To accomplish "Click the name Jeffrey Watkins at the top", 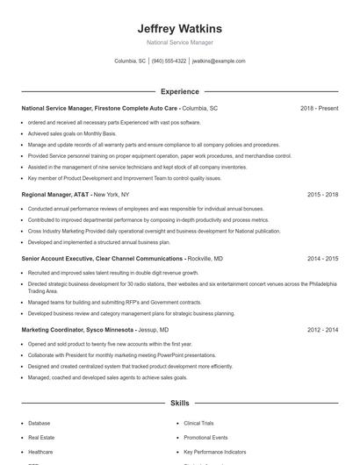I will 179,28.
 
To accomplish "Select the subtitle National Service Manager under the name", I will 179,42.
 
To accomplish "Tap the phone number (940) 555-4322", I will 169,61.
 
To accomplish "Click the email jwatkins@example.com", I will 219,61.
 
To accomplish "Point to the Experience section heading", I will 179,91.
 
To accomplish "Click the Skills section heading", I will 179,403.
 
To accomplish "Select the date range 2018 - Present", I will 319,108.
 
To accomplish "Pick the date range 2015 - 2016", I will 322,193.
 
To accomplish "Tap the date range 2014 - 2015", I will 322,259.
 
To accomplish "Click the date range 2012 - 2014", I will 322,330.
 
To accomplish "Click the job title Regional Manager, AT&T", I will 54,193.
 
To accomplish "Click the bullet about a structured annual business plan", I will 98,241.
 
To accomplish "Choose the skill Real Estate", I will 41,437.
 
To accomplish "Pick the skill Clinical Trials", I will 198,423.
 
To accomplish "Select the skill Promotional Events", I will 205,437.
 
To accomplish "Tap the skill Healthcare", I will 40,451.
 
